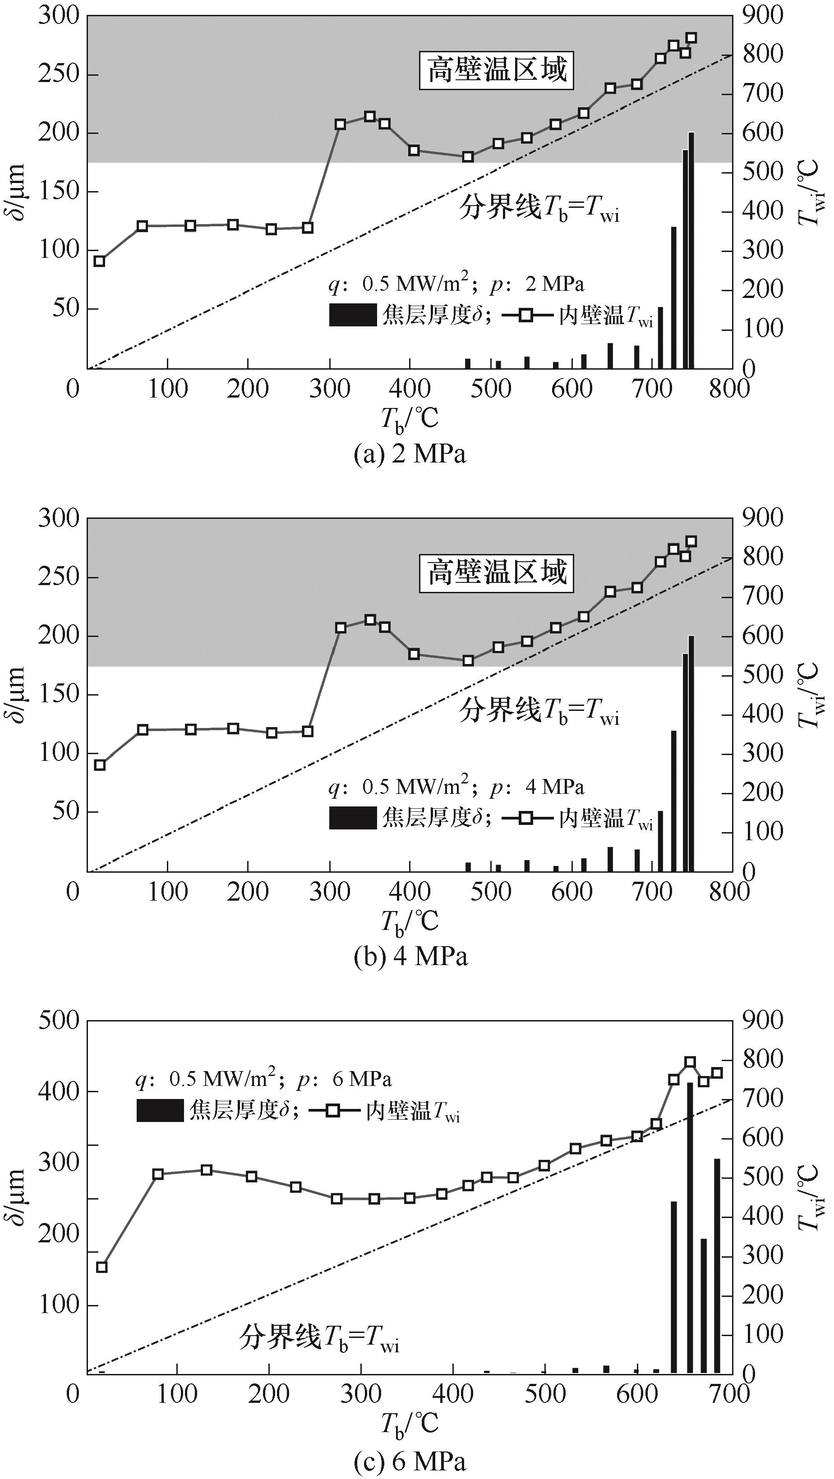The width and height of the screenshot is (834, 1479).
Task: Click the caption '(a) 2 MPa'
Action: click(410, 455)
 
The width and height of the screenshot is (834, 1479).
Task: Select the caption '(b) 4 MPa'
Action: click(410, 957)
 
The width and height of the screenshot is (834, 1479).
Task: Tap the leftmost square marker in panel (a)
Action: click(99, 261)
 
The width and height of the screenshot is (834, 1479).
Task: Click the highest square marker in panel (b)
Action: click(691, 541)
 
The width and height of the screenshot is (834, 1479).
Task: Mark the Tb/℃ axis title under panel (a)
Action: click(409, 419)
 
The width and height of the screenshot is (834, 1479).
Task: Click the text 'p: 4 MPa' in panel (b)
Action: click(537, 787)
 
